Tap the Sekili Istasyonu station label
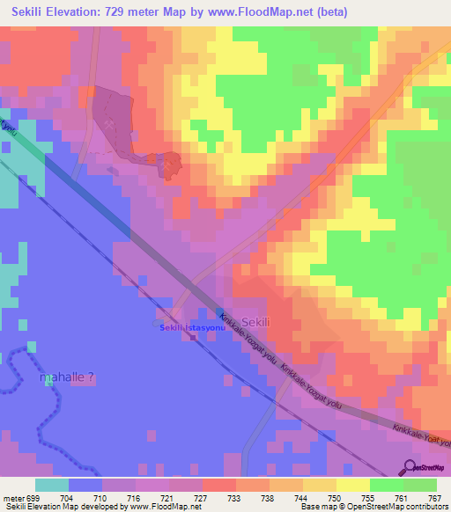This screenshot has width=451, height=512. [x=192, y=327]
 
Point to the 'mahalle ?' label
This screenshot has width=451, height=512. [x=67, y=377]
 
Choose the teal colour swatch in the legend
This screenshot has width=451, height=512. [x=52, y=485]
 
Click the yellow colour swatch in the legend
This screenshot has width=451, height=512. [x=352, y=485]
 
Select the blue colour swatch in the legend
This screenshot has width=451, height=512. [x=85, y=485]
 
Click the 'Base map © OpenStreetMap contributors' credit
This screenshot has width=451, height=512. [x=372, y=507]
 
